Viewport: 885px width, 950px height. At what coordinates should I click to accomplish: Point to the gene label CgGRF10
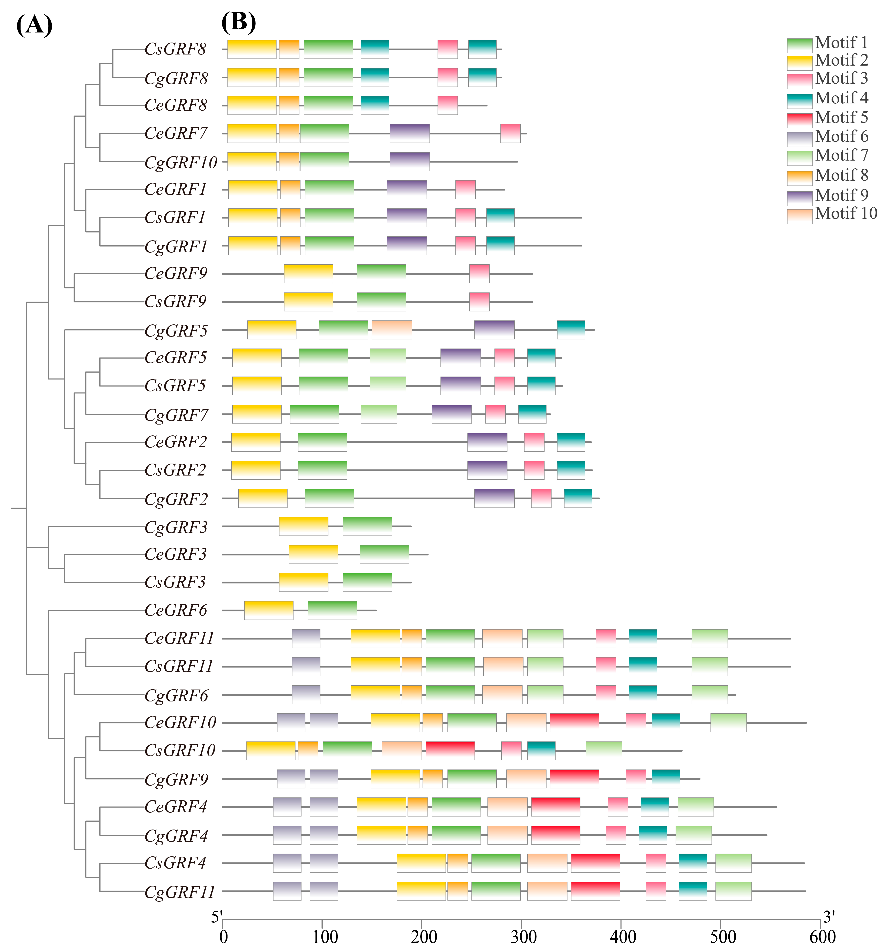(181, 162)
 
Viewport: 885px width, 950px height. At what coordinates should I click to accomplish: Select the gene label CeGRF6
(176, 610)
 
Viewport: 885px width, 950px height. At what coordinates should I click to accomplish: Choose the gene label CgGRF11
(180, 892)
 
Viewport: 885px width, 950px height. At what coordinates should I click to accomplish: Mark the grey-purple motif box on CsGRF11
(306, 666)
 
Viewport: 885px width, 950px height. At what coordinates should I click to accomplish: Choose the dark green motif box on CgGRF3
(367, 526)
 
